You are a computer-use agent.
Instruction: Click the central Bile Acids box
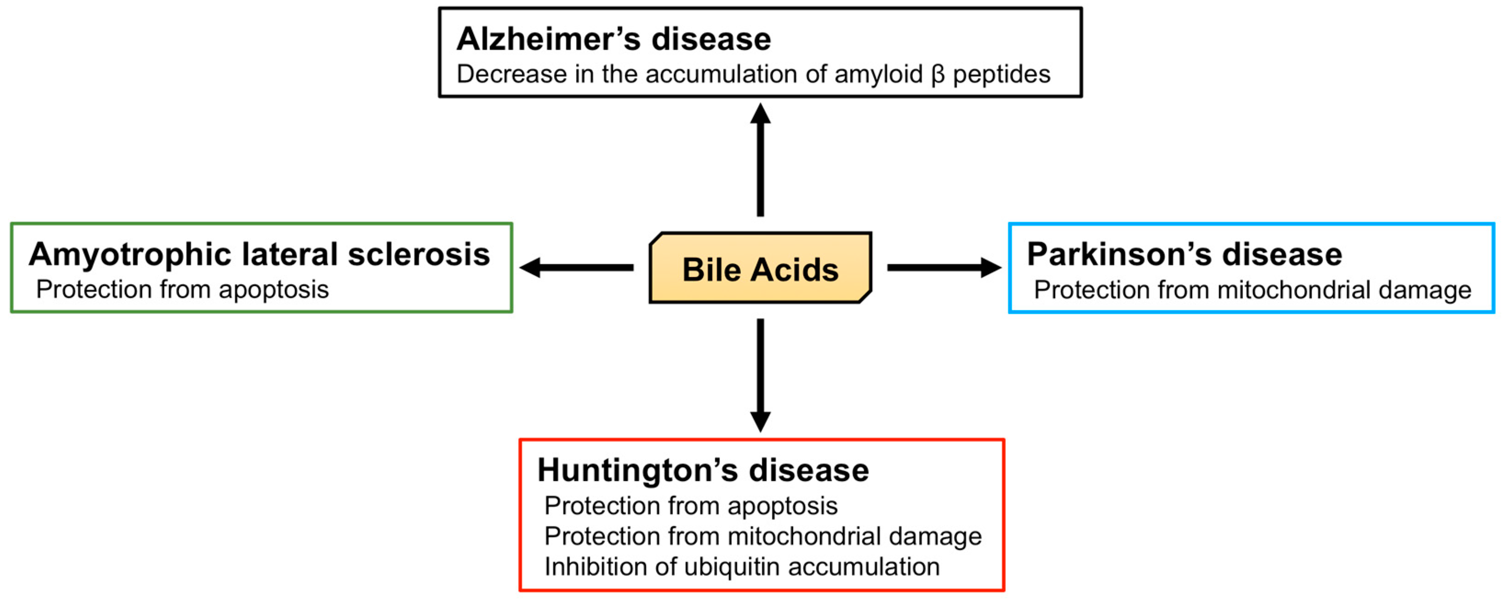pos(760,268)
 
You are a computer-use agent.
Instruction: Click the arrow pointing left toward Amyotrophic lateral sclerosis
pos(576,268)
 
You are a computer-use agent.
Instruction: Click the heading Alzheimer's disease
pos(613,39)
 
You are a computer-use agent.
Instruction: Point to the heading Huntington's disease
pos(703,471)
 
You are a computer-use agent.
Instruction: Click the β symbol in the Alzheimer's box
pos(937,75)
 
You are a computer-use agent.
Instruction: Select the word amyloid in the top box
pos(878,75)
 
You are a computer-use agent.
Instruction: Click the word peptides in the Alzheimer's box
pos(1001,75)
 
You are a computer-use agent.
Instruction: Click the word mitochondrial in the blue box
pos(1293,290)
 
